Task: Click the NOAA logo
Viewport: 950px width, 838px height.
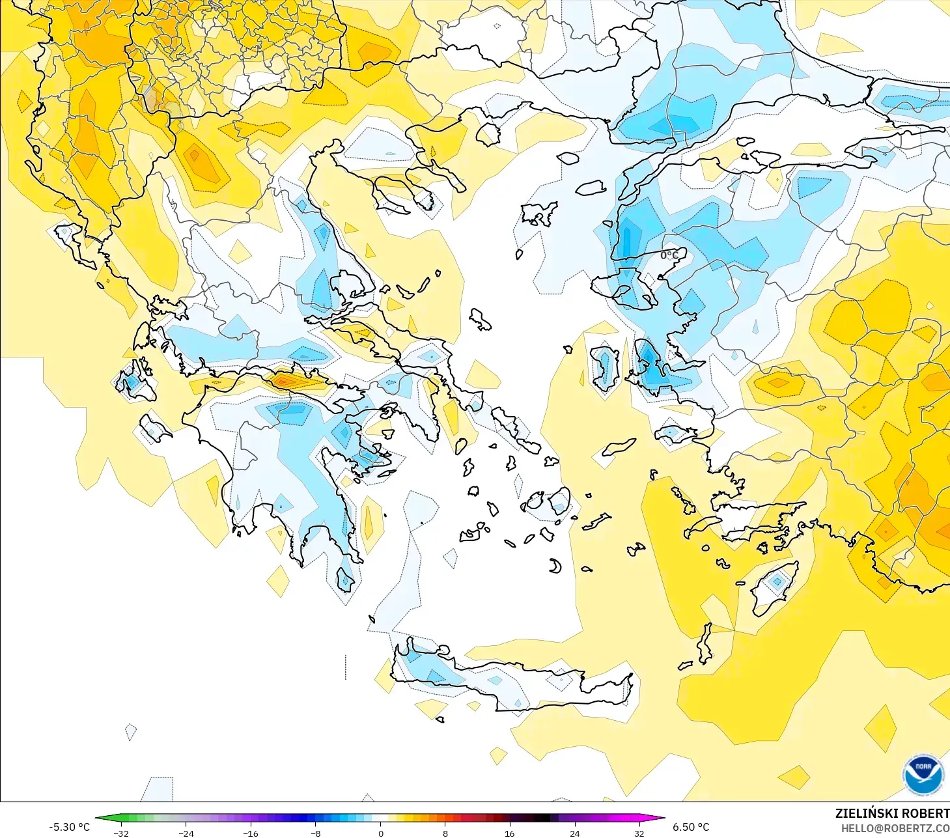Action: [923, 774]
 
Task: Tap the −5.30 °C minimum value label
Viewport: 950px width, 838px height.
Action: [69, 827]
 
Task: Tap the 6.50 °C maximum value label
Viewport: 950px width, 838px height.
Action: [691, 827]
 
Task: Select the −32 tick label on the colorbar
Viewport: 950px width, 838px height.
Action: [121, 833]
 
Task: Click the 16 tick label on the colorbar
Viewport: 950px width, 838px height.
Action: [509, 833]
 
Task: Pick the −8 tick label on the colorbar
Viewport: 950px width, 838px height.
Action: [315, 833]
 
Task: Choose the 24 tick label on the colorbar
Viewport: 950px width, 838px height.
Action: [574, 833]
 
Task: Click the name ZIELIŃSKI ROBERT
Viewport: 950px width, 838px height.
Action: [892, 813]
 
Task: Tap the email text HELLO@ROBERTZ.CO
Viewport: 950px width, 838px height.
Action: [895, 828]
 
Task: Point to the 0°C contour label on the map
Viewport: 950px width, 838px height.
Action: [669, 255]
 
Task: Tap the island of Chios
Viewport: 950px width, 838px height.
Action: [605, 367]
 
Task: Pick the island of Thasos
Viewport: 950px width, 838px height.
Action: [488, 133]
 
